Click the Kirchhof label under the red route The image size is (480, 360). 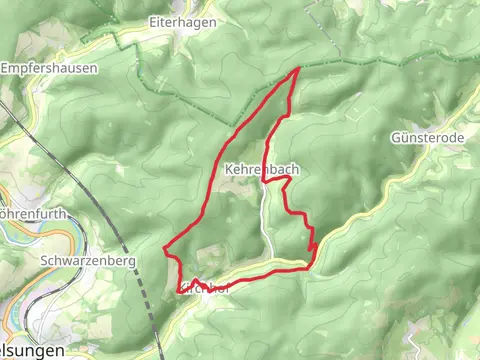(x=206, y=290)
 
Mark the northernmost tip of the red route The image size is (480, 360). (x=299, y=69)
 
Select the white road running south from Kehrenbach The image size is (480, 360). (x=266, y=220)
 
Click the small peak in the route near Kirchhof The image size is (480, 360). (x=196, y=280)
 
